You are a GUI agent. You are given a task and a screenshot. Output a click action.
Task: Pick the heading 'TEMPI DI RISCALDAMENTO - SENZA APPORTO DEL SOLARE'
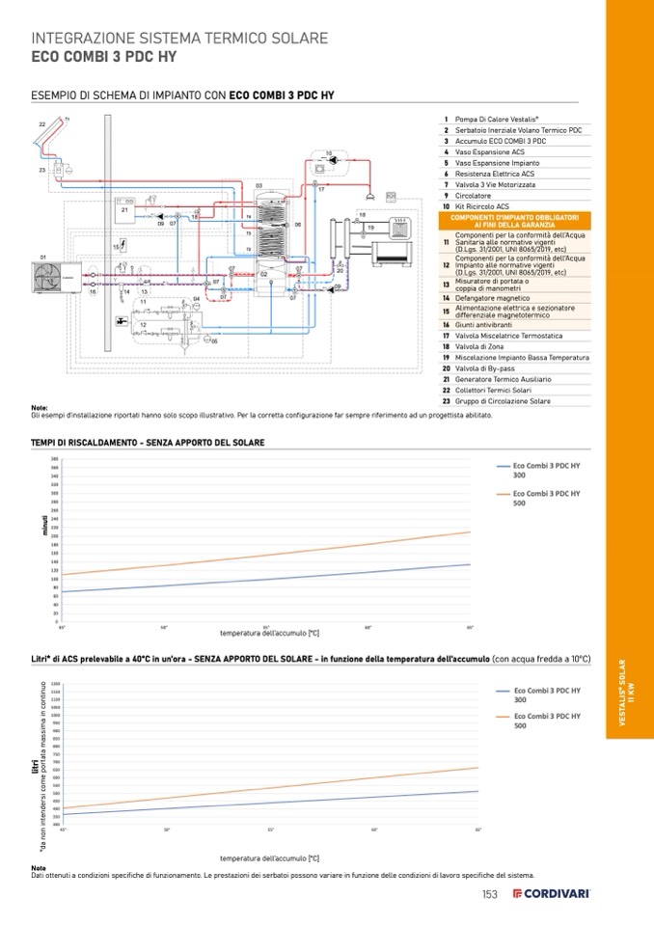pyautogui.click(x=148, y=442)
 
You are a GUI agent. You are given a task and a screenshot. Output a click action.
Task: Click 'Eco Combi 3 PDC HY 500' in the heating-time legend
pyautogui.click(x=546, y=498)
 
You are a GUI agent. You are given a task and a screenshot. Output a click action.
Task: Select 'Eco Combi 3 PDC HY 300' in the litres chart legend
pyautogui.click(x=546, y=695)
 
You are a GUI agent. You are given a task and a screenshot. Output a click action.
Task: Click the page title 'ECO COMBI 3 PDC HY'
pyautogui.click(x=103, y=56)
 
